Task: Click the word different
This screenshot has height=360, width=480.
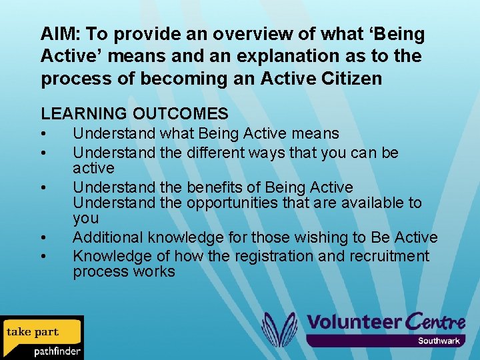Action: coord(214,153)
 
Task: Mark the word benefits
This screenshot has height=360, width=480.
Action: coord(219,187)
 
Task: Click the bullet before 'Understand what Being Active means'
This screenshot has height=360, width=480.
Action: coord(43,135)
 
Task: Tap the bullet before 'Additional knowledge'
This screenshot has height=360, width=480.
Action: coord(43,238)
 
